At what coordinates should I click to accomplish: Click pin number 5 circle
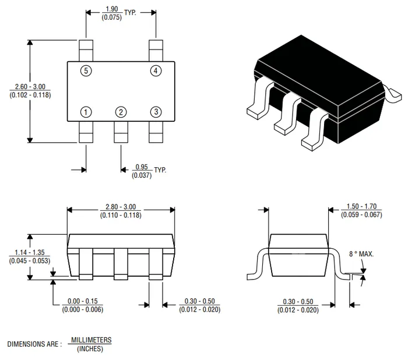(86, 71)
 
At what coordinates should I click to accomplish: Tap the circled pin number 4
(156, 71)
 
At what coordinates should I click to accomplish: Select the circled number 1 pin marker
(86, 112)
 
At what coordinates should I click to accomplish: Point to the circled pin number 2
(121, 112)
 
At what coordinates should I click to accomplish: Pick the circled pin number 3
(156, 112)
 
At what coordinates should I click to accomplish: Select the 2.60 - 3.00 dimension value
(30, 87)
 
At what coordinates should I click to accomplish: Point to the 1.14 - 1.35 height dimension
(30, 253)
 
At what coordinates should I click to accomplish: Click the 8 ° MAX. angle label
(361, 255)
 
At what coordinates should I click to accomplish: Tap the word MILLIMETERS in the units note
(90, 340)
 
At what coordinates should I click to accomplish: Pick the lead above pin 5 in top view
(86, 50)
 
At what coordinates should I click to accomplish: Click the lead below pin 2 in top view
(121, 132)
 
